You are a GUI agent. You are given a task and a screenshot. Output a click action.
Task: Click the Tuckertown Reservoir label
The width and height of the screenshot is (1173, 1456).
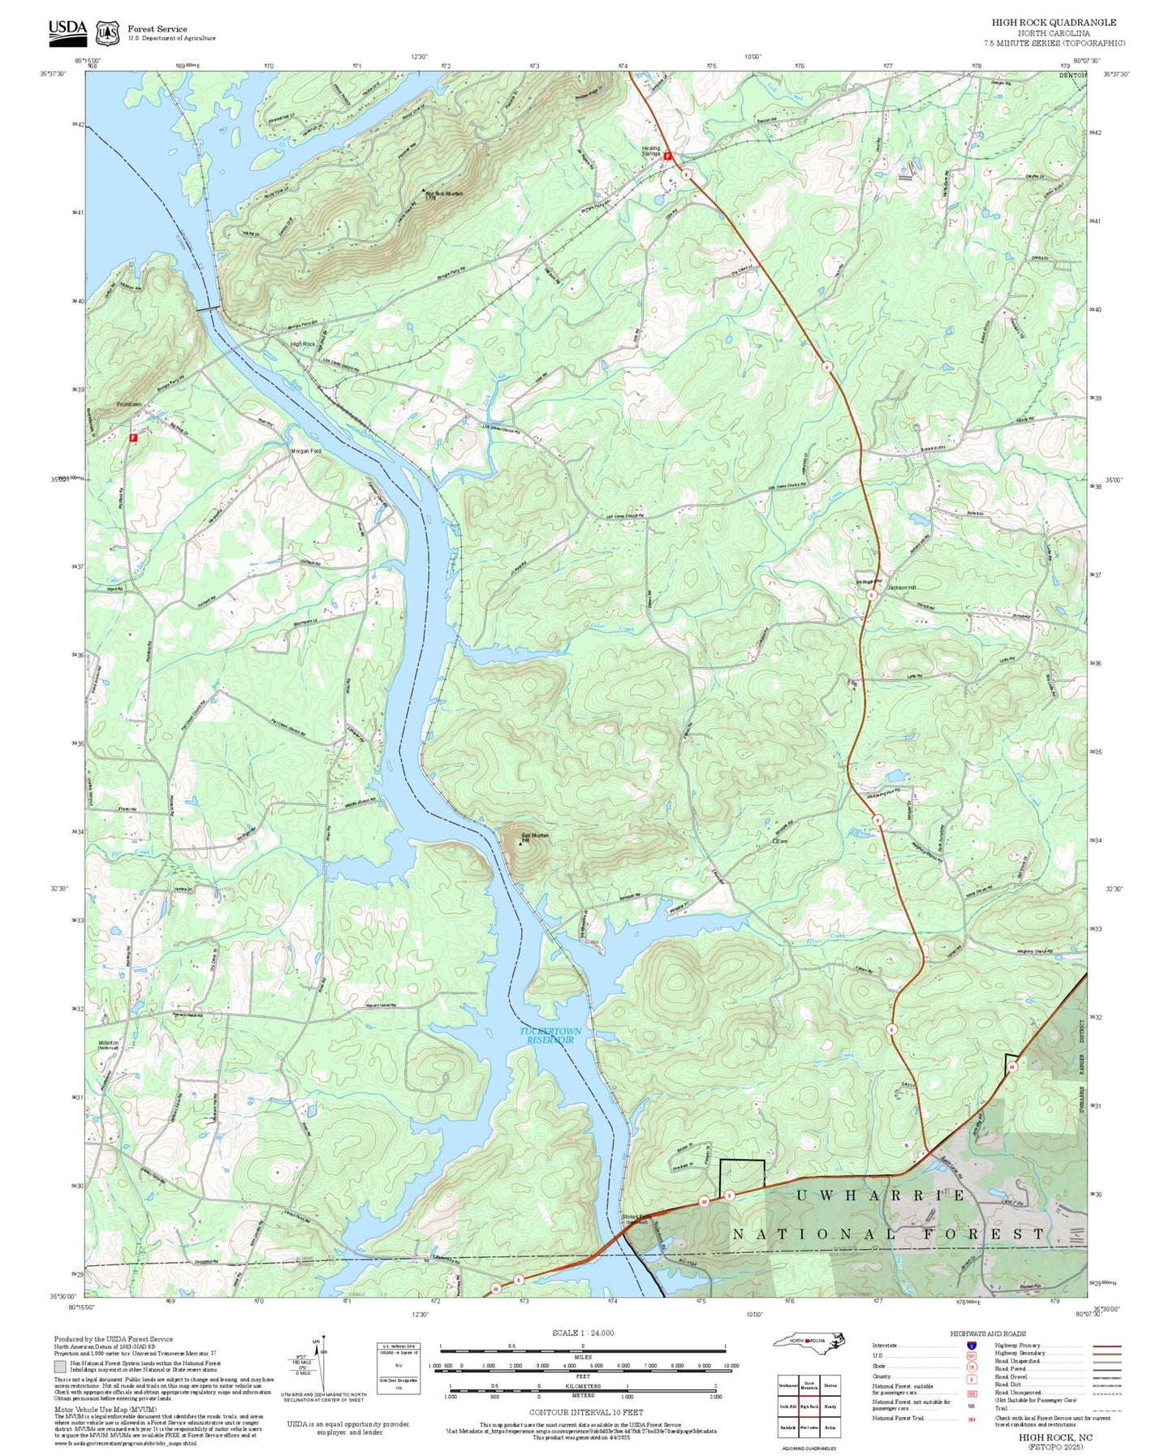click(550, 1035)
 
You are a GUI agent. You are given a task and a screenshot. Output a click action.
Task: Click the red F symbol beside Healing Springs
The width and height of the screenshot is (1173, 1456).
click(667, 155)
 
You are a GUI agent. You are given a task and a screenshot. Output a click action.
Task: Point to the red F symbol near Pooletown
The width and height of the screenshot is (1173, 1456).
click(133, 437)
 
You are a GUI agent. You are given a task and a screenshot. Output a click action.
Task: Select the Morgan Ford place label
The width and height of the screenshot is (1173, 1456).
click(306, 450)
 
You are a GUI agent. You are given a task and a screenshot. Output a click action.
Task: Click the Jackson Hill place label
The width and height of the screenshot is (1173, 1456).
click(900, 587)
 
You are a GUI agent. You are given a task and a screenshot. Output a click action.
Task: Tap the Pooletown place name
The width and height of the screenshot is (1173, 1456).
click(128, 404)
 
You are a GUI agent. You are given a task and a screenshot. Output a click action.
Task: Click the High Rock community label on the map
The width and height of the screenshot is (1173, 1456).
click(303, 344)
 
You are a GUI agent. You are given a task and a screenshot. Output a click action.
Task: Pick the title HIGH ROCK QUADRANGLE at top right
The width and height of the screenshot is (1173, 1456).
click(1054, 23)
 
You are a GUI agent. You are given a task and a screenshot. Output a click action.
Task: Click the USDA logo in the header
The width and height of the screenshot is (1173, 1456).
click(67, 31)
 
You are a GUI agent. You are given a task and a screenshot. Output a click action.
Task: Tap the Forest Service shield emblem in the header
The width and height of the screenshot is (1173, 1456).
click(107, 32)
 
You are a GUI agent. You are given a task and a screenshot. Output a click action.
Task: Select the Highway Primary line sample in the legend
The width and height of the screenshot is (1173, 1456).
click(1106, 1346)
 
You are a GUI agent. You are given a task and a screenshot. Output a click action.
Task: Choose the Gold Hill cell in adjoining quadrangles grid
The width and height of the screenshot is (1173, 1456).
click(787, 1406)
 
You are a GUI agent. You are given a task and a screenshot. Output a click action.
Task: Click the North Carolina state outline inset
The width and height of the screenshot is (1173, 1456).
click(809, 1341)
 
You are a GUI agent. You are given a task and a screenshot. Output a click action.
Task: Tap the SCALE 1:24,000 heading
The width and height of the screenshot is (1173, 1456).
click(582, 1333)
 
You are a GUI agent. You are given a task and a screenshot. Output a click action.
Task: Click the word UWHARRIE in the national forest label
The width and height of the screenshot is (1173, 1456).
click(880, 1195)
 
